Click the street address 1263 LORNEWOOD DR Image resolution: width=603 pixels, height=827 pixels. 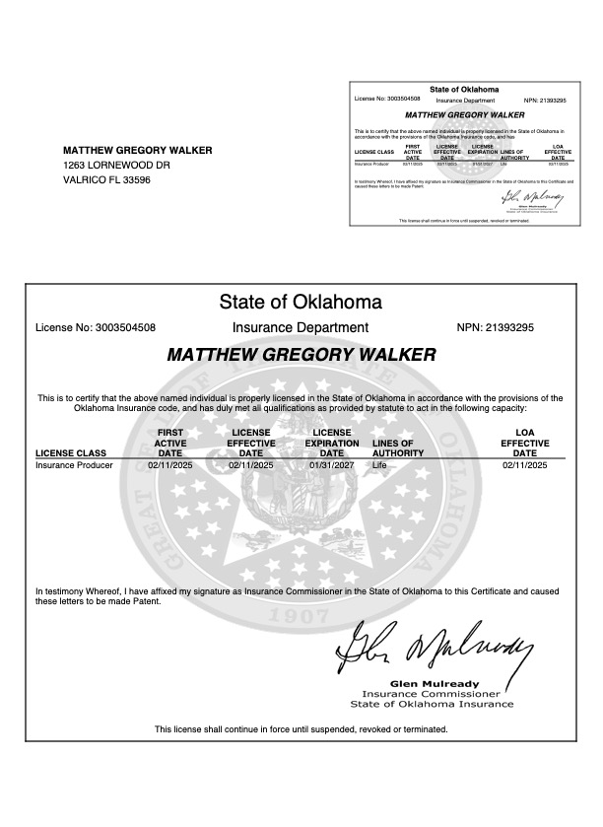click(x=116, y=166)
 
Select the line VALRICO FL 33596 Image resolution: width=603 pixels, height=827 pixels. click(x=106, y=180)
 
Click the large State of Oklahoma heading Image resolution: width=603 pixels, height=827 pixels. click(x=301, y=302)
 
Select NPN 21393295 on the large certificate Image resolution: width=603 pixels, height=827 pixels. click(x=510, y=327)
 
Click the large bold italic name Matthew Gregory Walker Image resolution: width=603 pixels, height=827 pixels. click(x=301, y=355)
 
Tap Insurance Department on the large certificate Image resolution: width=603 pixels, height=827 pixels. click(x=301, y=327)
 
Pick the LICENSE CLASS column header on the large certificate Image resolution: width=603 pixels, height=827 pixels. click(x=70, y=453)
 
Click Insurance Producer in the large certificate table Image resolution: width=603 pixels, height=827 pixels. click(x=74, y=464)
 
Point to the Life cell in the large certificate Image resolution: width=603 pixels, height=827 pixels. click(x=381, y=464)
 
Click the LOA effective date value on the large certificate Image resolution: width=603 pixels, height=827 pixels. click(x=523, y=464)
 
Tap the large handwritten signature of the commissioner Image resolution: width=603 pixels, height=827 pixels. click(x=433, y=647)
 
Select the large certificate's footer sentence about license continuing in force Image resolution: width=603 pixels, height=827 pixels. click(x=301, y=729)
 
